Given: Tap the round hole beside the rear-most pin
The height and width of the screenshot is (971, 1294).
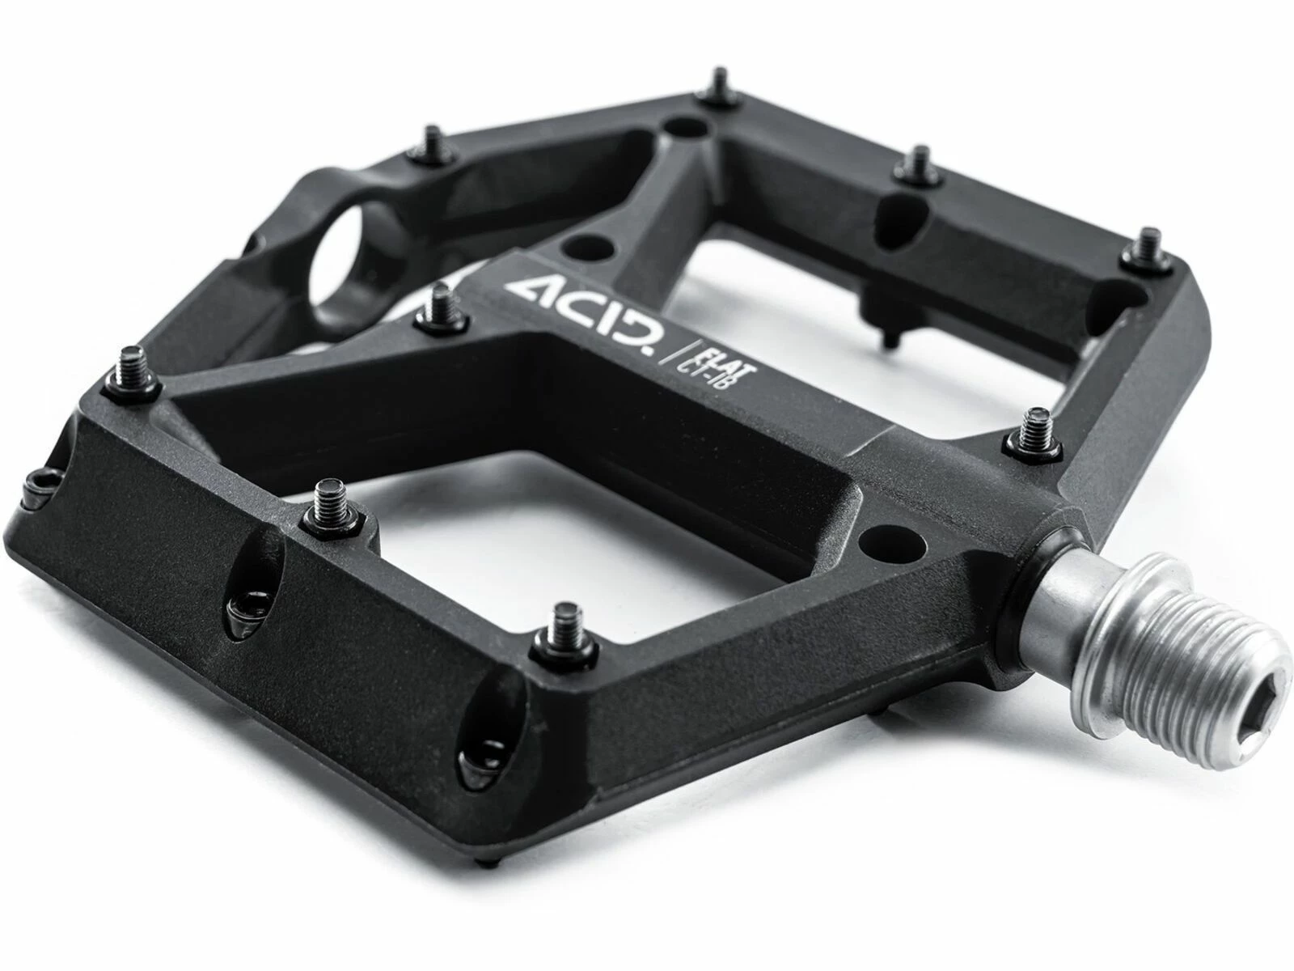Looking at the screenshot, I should pyautogui.click(x=683, y=129).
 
